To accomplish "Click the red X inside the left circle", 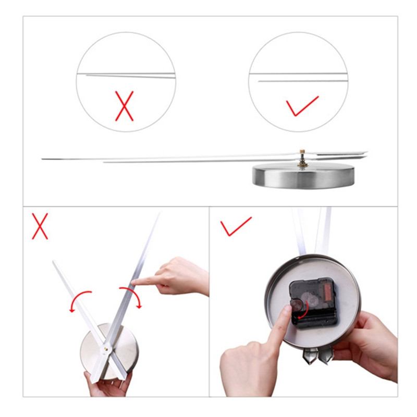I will tap(125, 106).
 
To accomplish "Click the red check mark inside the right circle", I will tap(302, 106).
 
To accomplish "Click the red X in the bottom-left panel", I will tap(40, 226).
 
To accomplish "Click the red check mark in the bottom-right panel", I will tap(235, 226).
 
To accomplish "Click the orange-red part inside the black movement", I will tap(329, 292).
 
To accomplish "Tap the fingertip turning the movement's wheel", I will tap(285, 313).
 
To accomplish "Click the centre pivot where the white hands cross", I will tap(107, 345).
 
